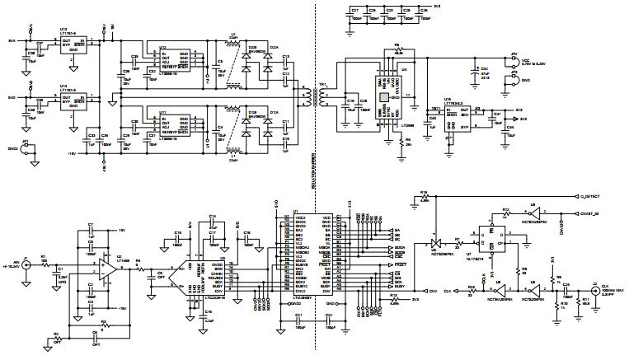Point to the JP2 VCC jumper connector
tap(513, 58)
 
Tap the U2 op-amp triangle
tap(108, 268)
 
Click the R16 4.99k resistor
tap(425, 197)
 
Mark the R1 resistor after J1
tap(43, 263)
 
